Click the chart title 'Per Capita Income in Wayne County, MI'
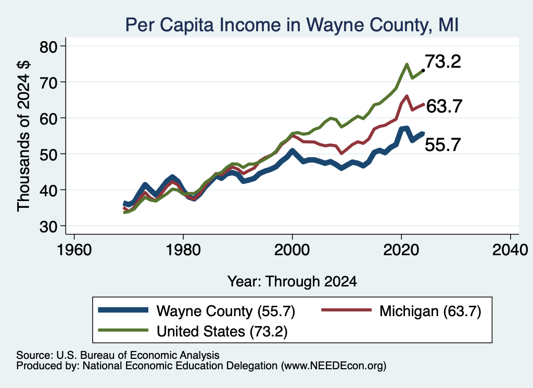pyautogui.click(x=292, y=25)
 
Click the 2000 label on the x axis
pyautogui.click(x=292, y=251)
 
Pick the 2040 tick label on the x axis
pyautogui.click(x=510, y=251)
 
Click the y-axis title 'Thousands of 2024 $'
pyautogui.click(x=24, y=136)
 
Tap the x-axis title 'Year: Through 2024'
pyautogui.click(x=292, y=282)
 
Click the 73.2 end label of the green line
pyautogui.click(x=443, y=61)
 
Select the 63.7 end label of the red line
pyautogui.click(x=444, y=106)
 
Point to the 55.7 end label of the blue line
pyautogui.click(x=443, y=144)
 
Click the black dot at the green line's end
pyautogui.click(x=423, y=70)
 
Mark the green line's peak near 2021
pyautogui.click(x=407, y=64)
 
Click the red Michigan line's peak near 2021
pyautogui.click(x=407, y=96)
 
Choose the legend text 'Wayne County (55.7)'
pyautogui.click(x=226, y=311)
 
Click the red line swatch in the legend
pyautogui.click(x=346, y=310)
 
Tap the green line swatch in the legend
pyautogui.click(x=123, y=330)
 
